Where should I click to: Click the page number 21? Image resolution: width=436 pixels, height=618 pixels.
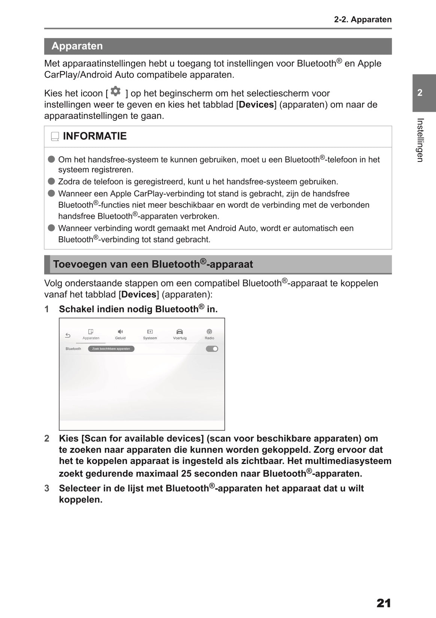point(384,603)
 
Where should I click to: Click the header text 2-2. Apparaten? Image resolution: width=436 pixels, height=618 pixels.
point(363,19)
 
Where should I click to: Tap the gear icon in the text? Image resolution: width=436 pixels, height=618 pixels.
point(116,91)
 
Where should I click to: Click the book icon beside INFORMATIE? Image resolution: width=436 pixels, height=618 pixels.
point(55,137)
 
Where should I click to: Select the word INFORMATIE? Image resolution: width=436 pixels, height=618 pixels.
point(95,136)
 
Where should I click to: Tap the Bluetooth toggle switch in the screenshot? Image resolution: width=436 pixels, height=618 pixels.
point(212,349)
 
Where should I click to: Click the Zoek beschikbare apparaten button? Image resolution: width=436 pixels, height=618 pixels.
point(111,349)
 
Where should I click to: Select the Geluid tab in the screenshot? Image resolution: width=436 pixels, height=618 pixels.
point(120,334)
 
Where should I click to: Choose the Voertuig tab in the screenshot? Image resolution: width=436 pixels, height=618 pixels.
point(180,334)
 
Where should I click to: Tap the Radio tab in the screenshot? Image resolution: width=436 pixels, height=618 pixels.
point(209,334)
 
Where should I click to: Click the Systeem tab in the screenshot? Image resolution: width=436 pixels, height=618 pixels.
point(150,334)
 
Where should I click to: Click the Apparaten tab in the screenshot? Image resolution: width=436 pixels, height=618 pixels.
point(91,334)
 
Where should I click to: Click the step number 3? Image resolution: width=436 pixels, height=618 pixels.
point(47,488)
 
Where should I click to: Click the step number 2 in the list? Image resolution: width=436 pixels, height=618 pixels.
point(47,439)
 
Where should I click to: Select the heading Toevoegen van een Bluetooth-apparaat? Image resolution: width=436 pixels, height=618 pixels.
point(153,264)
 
